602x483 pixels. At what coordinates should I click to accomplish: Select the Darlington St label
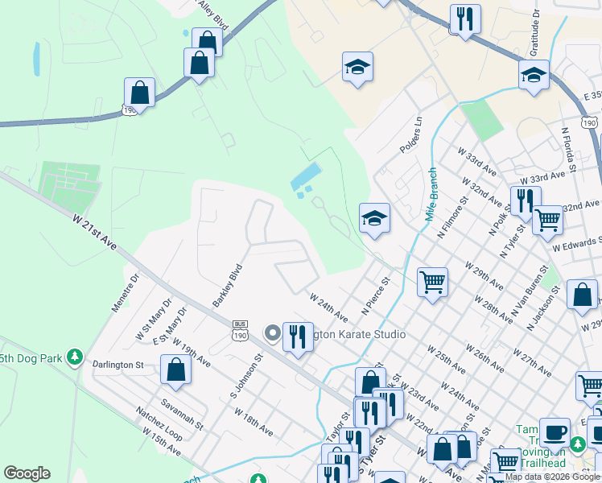[x=118, y=365]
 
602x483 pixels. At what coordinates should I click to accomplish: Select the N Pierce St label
[x=375, y=295]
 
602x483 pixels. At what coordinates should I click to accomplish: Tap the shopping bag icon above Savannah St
[x=176, y=369]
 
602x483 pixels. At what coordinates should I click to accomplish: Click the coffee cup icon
[x=554, y=432]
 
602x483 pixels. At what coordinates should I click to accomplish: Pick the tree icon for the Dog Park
[x=74, y=356]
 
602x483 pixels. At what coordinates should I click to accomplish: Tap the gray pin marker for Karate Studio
[x=272, y=332]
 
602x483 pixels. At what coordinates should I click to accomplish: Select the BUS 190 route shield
[x=240, y=328]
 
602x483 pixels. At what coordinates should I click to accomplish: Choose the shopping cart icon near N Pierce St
[x=432, y=282]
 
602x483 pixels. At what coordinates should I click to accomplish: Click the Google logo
[x=27, y=473]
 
